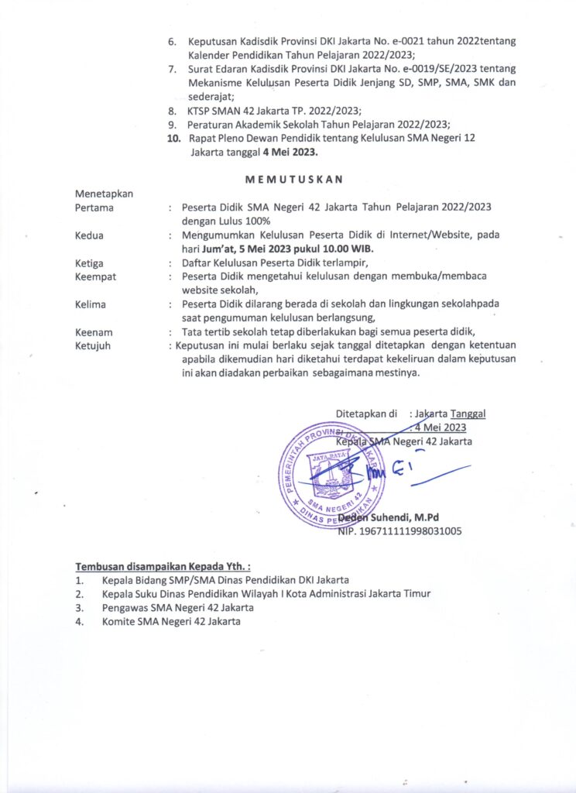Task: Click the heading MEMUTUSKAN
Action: tap(293, 180)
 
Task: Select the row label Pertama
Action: tap(94, 208)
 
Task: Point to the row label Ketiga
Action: tap(90, 263)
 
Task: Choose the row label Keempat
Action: tap(95, 276)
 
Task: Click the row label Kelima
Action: tap(91, 304)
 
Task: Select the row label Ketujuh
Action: tap(93, 345)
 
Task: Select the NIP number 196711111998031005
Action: tap(400, 531)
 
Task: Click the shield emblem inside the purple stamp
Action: tap(331, 474)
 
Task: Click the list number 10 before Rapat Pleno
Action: tap(173, 138)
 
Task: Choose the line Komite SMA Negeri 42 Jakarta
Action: tap(171, 621)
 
